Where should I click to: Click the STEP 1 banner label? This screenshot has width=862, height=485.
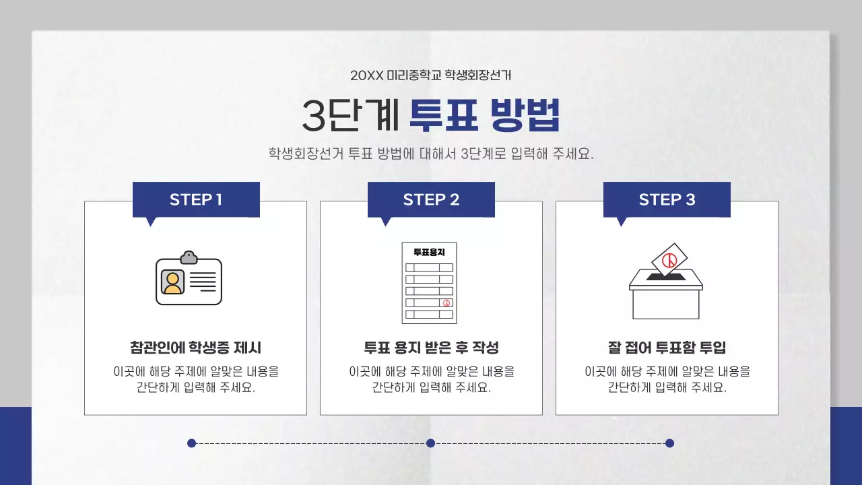pyautogui.click(x=195, y=199)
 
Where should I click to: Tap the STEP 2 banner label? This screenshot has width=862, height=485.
pyautogui.click(x=431, y=199)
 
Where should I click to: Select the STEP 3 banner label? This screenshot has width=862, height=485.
pyautogui.click(x=667, y=199)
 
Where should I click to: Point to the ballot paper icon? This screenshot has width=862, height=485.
pyautogui.click(x=429, y=283)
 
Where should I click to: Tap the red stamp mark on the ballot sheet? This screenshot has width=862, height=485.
pyautogui.click(x=445, y=302)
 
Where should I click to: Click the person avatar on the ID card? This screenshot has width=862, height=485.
pyautogui.click(x=172, y=282)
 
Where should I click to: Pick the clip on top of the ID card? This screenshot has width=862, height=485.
pyautogui.click(x=189, y=257)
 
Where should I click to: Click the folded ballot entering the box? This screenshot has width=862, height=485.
pyautogui.click(x=669, y=259)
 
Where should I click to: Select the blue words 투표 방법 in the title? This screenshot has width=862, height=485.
pyautogui.click(x=484, y=116)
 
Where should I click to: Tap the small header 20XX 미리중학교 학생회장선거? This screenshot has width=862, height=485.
pyautogui.click(x=431, y=75)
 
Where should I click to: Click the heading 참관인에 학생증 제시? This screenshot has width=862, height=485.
pyautogui.click(x=195, y=348)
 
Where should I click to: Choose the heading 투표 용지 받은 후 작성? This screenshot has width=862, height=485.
pyautogui.click(x=431, y=348)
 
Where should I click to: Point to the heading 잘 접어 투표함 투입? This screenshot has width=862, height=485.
pyautogui.click(x=667, y=348)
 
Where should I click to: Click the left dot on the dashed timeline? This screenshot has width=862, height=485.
pyautogui.click(x=191, y=443)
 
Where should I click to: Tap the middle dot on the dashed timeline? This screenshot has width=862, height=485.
pyautogui.click(x=431, y=443)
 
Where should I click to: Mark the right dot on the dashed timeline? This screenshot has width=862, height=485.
pyautogui.click(x=669, y=443)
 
